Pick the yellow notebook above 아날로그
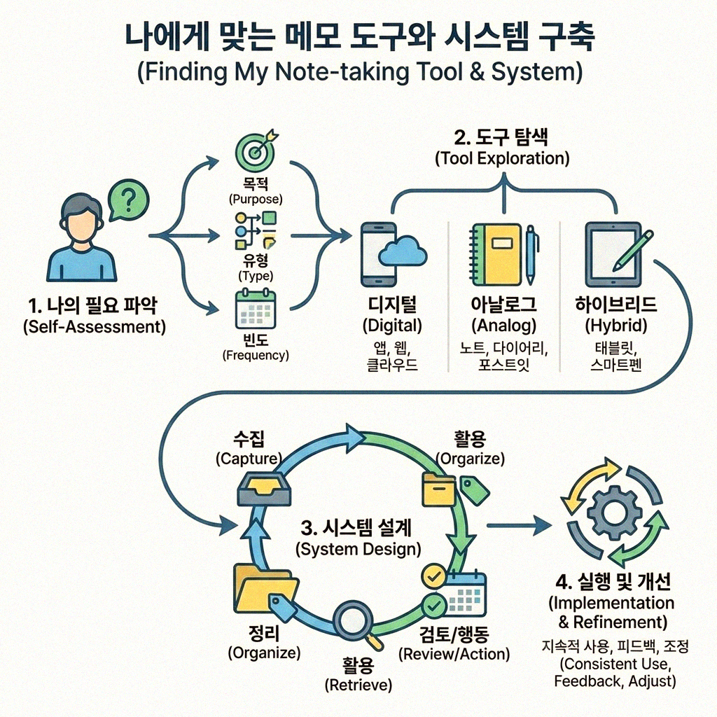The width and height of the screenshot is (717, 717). (x=496, y=254)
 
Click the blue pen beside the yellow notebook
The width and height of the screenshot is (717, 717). (x=531, y=253)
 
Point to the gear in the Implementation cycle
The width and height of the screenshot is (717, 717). (x=614, y=513)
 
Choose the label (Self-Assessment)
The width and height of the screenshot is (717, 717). (x=94, y=327)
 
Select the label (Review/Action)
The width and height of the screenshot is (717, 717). (x=454, y=655)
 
